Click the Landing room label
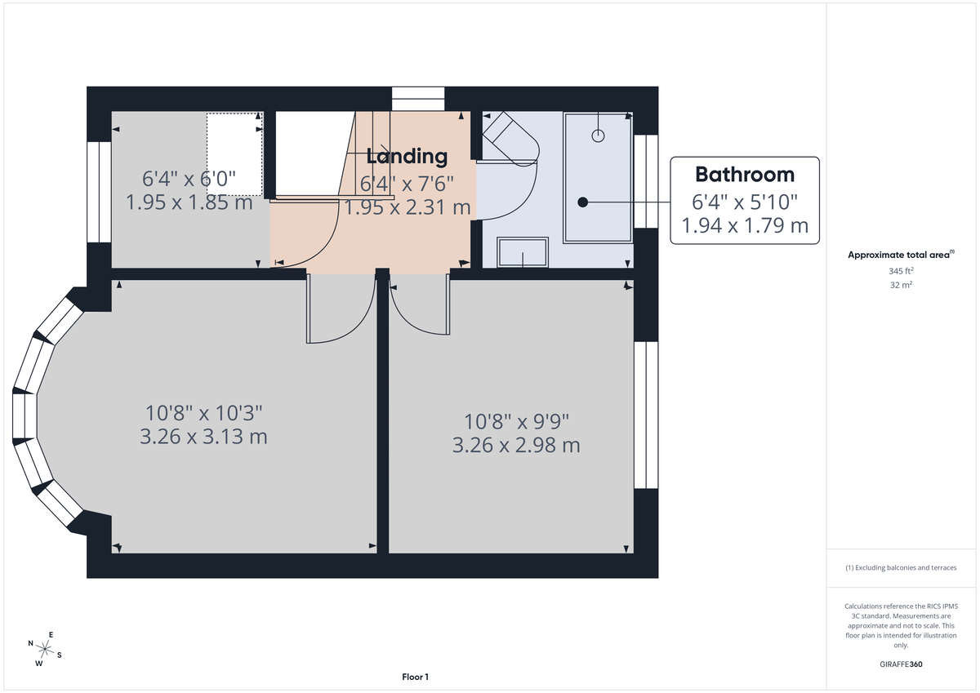pyautogui.click(x=407, y=156)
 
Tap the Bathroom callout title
pyautogui.click(x=744, y=174)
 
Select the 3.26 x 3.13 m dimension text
pyautogui.click(x=203, y=437)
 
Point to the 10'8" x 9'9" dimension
pyautogui.click(x=516, y=422)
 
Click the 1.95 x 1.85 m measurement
pyautogui.click(x=189, y=202)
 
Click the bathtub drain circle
pyautogui.click(x=599, y=135)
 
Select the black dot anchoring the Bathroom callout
pyautogui.click(x=582, y=201)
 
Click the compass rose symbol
pyautogui.click(x=45, y=648)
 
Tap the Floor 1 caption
pyautogui.click(x=415, y=677)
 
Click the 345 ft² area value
pyautogui.click(x=900, y=270)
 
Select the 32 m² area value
pyautogui.click(x=900, y=285)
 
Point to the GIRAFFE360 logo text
pyautogui.click(x=900, y=664)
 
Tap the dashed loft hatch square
pyautogui.click(x=234, y=154)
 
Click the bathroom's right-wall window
pyautogui.click(x=646, y=181)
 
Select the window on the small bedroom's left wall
pyautogui.click(x=99, y=192)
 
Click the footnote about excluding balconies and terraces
pyautogui.click(x=900, y=567)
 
